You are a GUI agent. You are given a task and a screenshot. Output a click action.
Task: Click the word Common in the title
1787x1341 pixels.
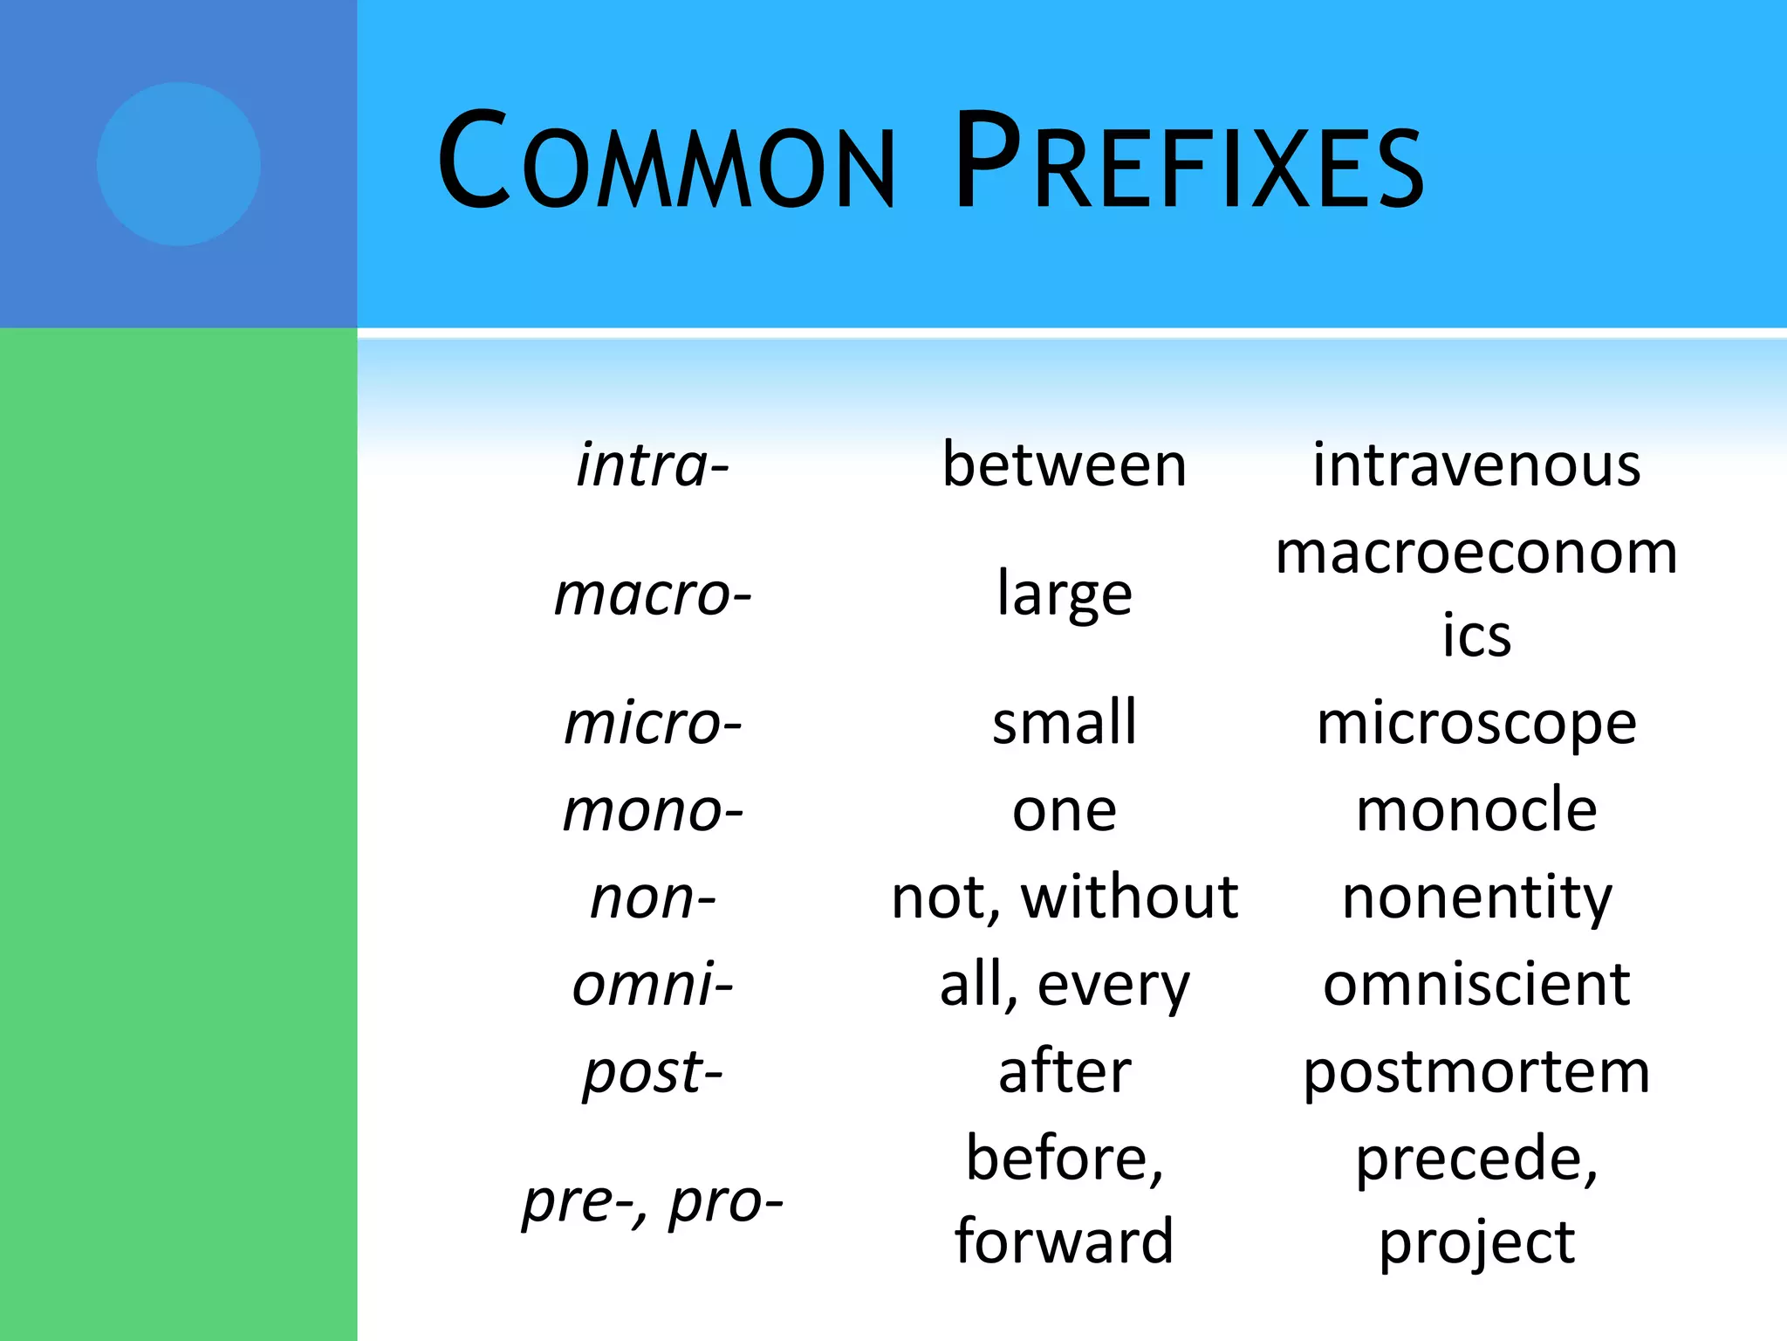pyautogui.click(x=665, y=162)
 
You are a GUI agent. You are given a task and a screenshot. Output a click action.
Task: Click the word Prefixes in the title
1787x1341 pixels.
pyautogui.click(x=1189, y=162)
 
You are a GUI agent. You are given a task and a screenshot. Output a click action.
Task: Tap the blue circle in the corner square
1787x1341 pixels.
pyautogui.click(x=178, y=164)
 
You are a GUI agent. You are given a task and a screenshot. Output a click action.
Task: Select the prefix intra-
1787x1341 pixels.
pyautogui.click(x=653, y=464)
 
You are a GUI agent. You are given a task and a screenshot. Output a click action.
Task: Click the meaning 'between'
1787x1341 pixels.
pyautogui.click(x=1065, y=464)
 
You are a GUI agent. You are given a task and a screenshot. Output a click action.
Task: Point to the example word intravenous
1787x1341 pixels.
pyautogui.click(x=1476, y=464)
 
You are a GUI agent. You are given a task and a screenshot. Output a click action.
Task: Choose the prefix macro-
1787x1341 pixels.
pyautogui.click(x=653, y=595)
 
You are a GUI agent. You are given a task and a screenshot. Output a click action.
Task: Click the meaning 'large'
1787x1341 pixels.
pyautogui.click(x=1065, y=595)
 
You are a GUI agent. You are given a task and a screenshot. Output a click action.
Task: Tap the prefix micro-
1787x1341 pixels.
pyautogui.click(x=653, y=724)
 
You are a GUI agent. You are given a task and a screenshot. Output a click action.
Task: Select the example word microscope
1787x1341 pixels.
pyautogui.click(x=1476, y=724)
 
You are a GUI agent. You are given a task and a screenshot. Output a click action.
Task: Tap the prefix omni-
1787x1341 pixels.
pyautogui.click(x=653, y=984)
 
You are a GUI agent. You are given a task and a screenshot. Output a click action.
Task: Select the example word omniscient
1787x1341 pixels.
pyautogui.click(x=1476, y=984)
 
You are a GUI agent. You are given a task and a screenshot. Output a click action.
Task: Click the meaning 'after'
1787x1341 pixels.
pyautogui.click(x=1065, y=1071)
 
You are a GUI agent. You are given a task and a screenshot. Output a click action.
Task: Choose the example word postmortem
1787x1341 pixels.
pyautogui.click(x=1476, y=1071)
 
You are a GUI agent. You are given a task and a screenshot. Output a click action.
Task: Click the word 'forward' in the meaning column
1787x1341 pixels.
pyautogui.click(x=1065, y=1241)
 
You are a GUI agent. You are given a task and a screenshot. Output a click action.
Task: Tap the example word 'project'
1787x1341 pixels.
pyautogui.click(x=1476, y=1241)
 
